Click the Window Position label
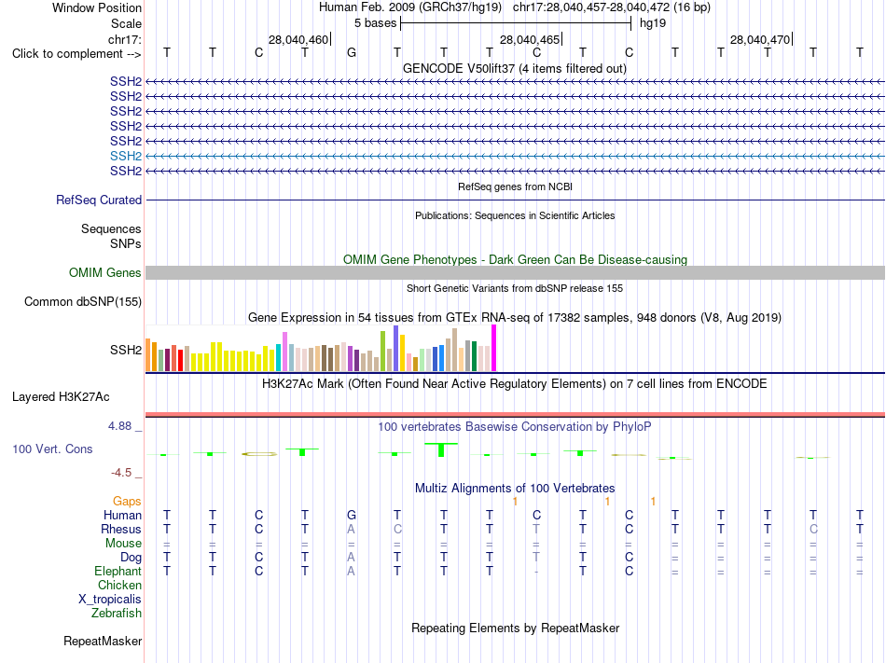click(x=97, y=7)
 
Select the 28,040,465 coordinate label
click(x=530, y=39)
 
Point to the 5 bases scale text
click(x=375, y=23)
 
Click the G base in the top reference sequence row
click(x=352, y=52)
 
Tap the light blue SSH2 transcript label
click(x=126, y=156)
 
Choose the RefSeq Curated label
click(x=99, y=200)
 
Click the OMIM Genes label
click(x=105, y=273)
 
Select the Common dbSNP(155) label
click(x=83, y=301)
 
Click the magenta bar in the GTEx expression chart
click(x=494, y=348)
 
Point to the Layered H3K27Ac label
click(x=61, y=397)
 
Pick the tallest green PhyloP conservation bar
click(x=441, y=450)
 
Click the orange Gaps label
click(x=127, y=501)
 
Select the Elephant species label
click(x=118, y=571)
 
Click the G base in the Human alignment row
click(x=352, y=515)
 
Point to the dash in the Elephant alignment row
click(x=536, y=572)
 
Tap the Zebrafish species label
click(x=117, y=613)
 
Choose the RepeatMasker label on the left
click(x=103, y=641)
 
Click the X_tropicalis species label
click(x=110, y=600)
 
